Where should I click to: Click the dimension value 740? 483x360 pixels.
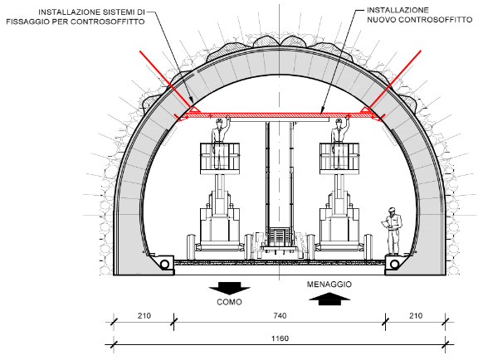(x=280, y=316)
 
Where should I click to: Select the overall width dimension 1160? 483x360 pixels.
(x=280, y=338)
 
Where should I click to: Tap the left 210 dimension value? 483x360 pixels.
(x=144, y=316)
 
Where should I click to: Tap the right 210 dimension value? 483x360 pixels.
(x=416, y=316)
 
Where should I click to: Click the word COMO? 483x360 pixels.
(x=230, y=302)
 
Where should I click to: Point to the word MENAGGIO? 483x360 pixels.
(x=329, y=285)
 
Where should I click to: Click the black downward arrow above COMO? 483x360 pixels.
(x=230, y=289)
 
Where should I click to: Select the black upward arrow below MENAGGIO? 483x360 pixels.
(x=329, y=299)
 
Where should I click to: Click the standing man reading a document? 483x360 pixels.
(x=392, y=231)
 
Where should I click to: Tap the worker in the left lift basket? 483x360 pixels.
(x=220, y=144)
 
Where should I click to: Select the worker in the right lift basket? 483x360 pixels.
(x=339, y=144)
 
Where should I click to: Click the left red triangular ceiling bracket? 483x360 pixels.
(x=194, y=109)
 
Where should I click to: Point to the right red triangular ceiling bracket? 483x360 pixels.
(x=366, y=109)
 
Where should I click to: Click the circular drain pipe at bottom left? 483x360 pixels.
(x=165, y=265)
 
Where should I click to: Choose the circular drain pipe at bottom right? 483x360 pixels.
(x=394, y=265)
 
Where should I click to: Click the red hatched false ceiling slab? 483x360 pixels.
(x=280, y=115)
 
